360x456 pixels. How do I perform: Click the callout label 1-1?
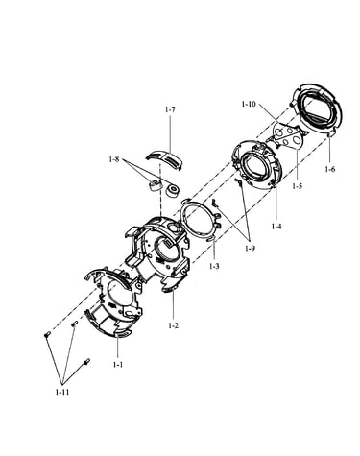pyautogui.click(x=118, y=364)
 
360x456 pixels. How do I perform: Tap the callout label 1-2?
pyautogui.click(x=173, y=325)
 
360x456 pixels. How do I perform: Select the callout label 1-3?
pyautogui.click(x=214, y=266)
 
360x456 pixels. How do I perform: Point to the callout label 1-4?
pyautogui.click(x=276, y=227)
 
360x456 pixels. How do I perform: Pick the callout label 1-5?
pyautogui.click(x=297, y=186)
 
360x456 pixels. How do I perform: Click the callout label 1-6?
pyautogui.click(x=330, y=169)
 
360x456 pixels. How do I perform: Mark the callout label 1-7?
pyautogui.click(x=170, y=109)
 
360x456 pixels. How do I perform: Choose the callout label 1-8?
pyautogui.click(x=114, y=159)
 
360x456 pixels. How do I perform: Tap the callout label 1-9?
pyautogui.click(x=250, y=248)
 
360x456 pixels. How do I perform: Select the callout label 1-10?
pyautogui.click(x=249, y=104)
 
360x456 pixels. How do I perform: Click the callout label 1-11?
pyautogui.click(x=62, y=392)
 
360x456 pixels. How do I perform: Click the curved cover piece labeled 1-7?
pyautogui.click(x=164, y=158)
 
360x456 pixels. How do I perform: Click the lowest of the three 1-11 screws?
pyautogui.click(x=86, y=362)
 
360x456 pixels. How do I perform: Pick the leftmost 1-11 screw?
pyautogui.click(x=47, y=335)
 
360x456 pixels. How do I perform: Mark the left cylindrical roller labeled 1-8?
pyautogui.click(x=156, y=185)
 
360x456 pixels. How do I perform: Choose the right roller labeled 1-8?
pyautogui.click(x=172, y=190)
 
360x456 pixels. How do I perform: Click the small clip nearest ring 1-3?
pyautogui.click(x=215, y=203)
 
